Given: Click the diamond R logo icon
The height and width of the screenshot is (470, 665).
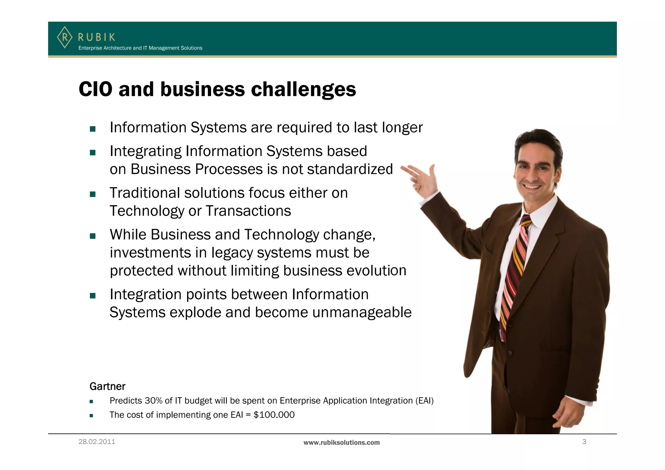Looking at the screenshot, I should pos(65,37).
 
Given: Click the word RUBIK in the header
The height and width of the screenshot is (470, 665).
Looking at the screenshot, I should pos(96,37).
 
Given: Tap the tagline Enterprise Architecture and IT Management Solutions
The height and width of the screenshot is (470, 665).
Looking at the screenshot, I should pos(140,48).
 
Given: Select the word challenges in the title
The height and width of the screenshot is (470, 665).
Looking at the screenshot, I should pos(303,90).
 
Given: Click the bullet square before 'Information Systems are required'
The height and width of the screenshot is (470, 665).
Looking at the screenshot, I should pos(93,129).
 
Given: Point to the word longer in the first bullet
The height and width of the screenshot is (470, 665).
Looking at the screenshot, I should pos(402,128).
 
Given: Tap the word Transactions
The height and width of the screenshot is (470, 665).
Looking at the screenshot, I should pos(248,211).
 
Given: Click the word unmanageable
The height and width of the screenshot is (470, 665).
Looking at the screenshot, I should pos(362,312).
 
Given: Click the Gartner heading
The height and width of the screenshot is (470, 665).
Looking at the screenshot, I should pos(107,386).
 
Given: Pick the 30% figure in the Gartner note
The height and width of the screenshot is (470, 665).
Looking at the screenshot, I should pos(154,401).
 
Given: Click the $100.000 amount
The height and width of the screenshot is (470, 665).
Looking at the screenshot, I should pos(274,415).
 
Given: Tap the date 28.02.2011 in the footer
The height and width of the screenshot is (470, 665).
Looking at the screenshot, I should pos(97,442).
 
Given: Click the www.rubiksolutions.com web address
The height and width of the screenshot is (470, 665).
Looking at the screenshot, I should pos(341,442).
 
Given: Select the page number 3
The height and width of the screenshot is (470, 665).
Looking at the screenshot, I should pos(584,442).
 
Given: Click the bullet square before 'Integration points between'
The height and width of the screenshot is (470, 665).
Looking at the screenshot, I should pos(93,296).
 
